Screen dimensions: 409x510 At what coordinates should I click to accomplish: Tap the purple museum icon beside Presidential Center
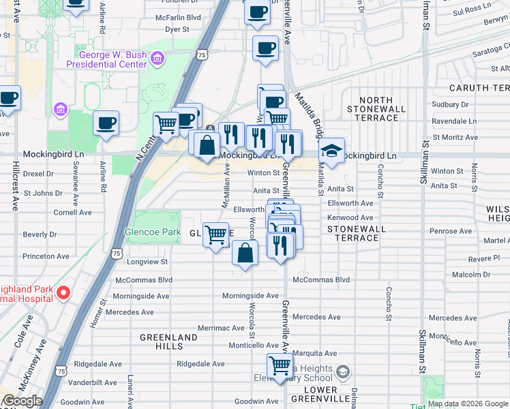pyautogui.click(x=158, y=59)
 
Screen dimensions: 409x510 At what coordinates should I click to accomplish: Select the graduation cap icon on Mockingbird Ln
pyautogui.click(x=331, y=151)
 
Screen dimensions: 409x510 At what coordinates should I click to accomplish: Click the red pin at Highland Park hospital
pyautogui.click(x=63, y=293)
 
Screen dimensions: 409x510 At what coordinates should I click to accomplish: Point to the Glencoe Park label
pyautogui.click(x=153, y=232)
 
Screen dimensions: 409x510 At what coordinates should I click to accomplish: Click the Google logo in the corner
pyautogui.click(x=22, y=401)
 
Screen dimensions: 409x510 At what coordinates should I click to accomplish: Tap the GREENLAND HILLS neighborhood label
pyautogui.click(x=168, y=342)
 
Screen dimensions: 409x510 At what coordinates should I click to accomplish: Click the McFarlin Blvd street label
pyautogui.click(x=178, y=17)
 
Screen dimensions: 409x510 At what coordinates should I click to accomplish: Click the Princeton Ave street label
pyautogui.click(x=46, y=256)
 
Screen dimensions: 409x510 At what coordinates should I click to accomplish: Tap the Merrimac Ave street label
pyautogui.click(x=221, y=328)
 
